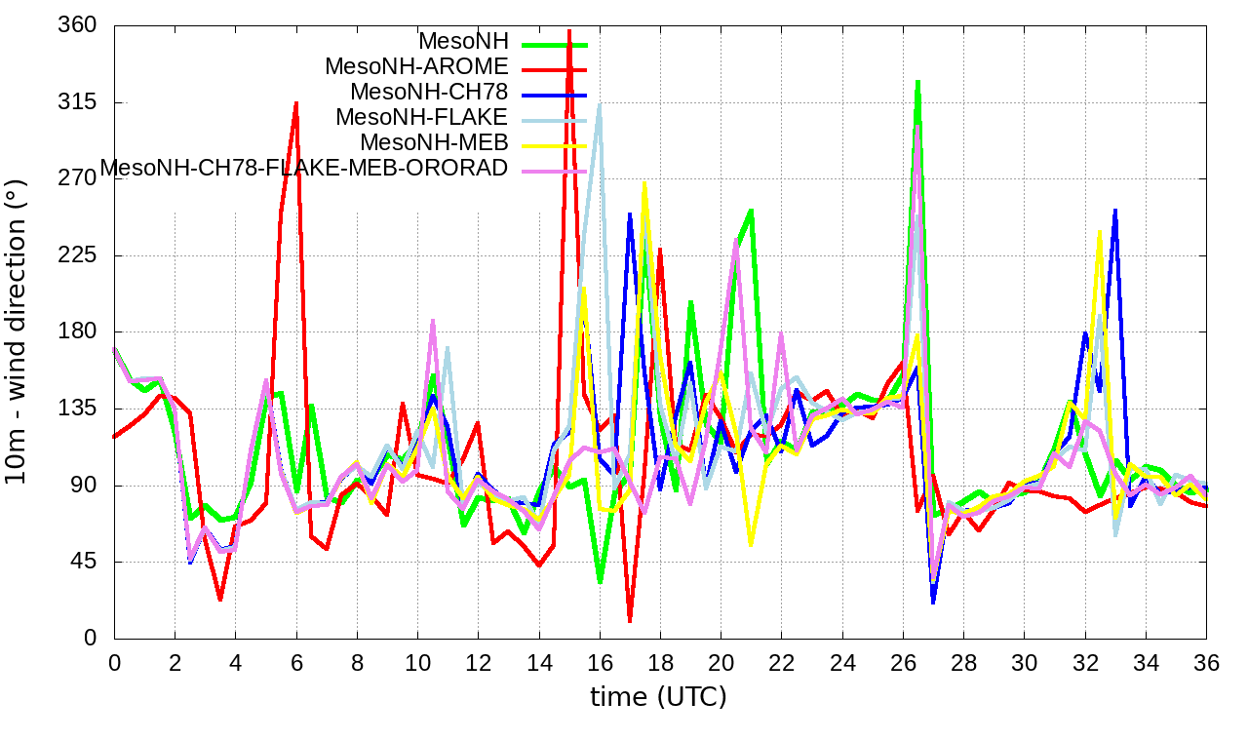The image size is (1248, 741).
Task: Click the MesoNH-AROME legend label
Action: click(416, 67)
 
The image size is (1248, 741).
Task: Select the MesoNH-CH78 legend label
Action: click(429, 93)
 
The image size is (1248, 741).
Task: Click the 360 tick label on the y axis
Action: click(78, 26)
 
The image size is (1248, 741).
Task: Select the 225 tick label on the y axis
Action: click(78, 255)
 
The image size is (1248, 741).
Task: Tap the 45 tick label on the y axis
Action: click(84, 562)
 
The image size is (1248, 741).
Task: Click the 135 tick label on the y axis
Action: click(78, 409)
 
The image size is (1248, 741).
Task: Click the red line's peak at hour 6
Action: click(296, 102)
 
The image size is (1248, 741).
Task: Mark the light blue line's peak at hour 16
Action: click(600, 104)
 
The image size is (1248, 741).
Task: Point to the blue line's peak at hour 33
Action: click(1114, 210)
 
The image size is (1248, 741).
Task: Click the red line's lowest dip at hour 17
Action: click(630, 620)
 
